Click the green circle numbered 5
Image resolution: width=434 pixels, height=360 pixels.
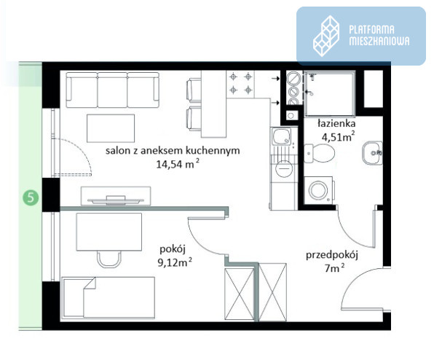click(31, 197)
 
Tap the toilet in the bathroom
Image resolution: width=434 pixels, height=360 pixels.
click(319, 153)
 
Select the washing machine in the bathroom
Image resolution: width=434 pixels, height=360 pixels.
click(319, 190)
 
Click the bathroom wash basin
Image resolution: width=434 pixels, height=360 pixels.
click(373, 153)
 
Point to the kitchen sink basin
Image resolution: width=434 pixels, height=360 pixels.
click(282, 137)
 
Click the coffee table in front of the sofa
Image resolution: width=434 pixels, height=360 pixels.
click(111, 128)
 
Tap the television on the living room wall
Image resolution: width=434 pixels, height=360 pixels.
click(116, 200)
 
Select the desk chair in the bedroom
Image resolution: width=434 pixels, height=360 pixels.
click(109, 259)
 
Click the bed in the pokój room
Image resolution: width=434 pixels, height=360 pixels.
click(108, 297)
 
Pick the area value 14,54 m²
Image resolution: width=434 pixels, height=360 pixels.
click(178, 164)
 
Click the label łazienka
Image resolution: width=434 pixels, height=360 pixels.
click(336, 123)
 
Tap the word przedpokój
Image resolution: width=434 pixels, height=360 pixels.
click(332, 255)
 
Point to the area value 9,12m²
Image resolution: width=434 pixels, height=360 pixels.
click(175, 262)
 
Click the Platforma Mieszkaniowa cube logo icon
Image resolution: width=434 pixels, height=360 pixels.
click(326, 36)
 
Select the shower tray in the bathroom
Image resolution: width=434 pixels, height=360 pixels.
click(329, 93)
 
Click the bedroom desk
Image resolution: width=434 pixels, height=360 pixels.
click(109, 232)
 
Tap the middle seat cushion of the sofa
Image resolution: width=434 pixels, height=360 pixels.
click(112, 90)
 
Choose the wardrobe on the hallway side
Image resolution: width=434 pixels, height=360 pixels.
click(272, 292)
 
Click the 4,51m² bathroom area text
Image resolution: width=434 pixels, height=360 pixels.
click(338, 136)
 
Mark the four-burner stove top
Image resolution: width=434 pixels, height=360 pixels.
click(241, 83)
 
